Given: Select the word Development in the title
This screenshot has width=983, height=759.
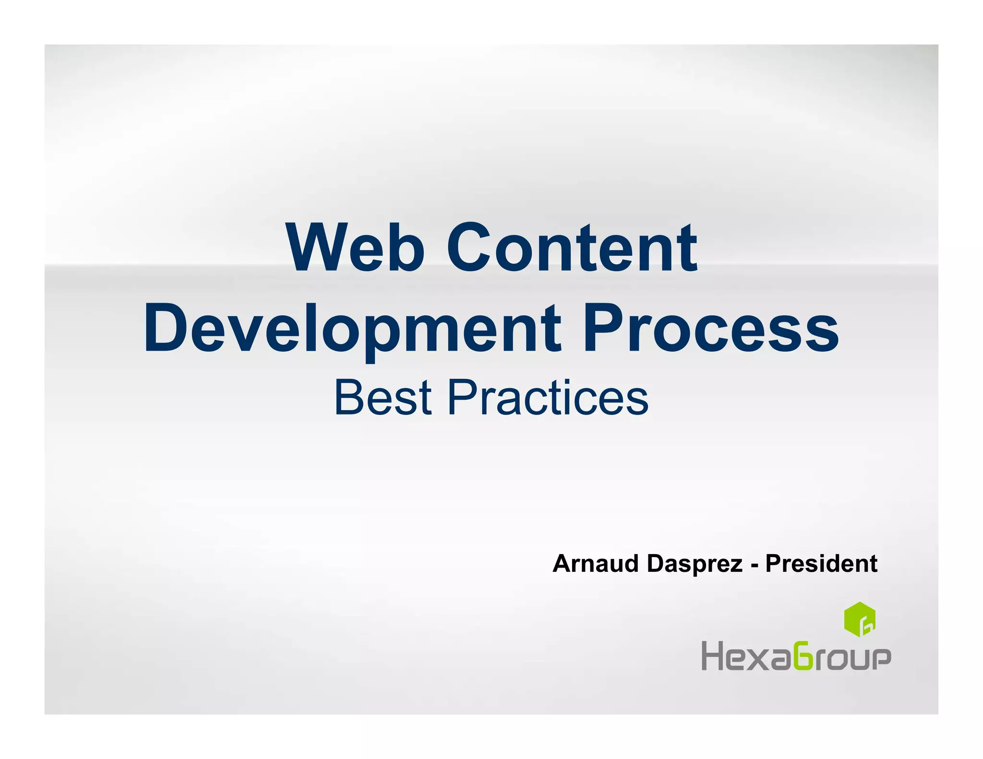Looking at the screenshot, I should pyautogui.click(x=352, y=328).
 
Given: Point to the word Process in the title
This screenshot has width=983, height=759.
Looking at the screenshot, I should pyautogui.click(x=711, y=328).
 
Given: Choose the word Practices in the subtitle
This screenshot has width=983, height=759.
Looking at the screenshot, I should pyautogui.click(x=548, y=398).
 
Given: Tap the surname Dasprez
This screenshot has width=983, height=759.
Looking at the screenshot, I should pyautogui.click(x=695, y=564).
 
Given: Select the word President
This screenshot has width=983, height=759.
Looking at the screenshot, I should pyautogui.click(x=821, y=563).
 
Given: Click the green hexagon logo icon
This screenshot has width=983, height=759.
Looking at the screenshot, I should pyautogui.click(x=860, y=619).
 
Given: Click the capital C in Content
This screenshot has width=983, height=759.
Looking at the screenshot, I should pyautogui.click(x=469, y=248).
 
